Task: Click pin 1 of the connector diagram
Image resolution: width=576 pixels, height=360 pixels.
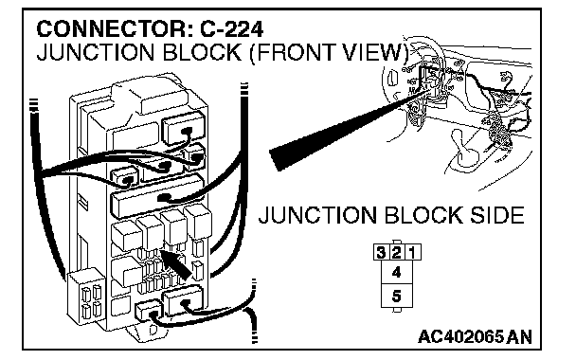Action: point(412,252)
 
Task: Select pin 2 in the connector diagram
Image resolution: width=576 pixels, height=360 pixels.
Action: point(397,252)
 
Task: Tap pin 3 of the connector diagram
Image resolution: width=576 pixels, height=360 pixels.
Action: point(381,252)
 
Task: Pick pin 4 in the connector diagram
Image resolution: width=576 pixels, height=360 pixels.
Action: point(397,272)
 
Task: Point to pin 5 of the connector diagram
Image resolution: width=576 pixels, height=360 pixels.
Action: point(397,296)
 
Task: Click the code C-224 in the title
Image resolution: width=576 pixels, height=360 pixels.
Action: point(231,29)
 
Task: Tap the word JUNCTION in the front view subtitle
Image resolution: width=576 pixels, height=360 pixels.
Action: point(96,52)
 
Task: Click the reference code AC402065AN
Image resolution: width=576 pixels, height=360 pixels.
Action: point(475,336)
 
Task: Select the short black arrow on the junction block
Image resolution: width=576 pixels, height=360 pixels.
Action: point(176,264)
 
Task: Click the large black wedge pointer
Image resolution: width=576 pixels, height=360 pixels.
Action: point(347,132)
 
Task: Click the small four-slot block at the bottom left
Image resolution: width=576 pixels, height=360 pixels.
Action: point(87,297)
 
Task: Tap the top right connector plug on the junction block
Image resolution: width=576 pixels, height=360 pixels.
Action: point(184,129)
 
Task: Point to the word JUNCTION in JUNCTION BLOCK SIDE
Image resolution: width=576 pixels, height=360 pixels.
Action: point(317,215)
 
